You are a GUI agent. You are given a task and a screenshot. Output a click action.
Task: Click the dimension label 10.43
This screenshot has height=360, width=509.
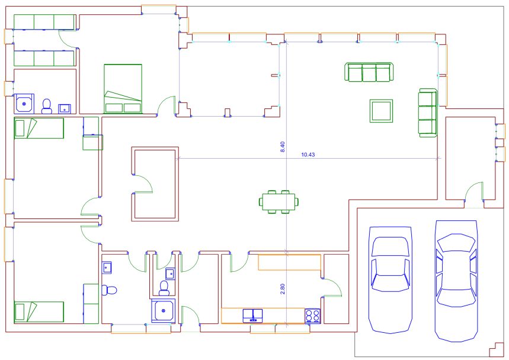click(x=308, y=155)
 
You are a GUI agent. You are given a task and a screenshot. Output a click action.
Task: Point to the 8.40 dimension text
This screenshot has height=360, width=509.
click(x=282, y=147)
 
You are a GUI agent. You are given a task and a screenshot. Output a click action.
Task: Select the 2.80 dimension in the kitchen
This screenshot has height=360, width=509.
click(x=282, y=289)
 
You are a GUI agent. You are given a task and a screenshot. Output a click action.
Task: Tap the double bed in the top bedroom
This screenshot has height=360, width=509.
click(x=123, y=89)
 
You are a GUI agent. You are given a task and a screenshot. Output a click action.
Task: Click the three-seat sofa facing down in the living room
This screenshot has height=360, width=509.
click(x=369, y=72)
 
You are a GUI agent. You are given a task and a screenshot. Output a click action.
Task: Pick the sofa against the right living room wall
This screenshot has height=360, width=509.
click(x=427, y=112)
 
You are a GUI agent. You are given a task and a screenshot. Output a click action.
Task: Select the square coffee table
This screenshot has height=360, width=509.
click(x=381, y=111)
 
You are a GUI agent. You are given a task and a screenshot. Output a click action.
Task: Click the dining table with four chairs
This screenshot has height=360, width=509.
click(x=279, y=202)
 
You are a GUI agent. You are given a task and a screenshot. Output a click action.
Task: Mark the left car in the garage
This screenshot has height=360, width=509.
click(x=390, y=280)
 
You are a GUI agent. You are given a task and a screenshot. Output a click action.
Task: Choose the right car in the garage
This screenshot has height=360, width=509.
click(x=456, y=281)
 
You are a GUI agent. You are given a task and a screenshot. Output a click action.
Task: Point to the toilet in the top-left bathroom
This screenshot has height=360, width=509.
click(x=47, y=107)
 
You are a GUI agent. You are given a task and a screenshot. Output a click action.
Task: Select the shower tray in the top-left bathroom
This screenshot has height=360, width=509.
click(x=24, y=104)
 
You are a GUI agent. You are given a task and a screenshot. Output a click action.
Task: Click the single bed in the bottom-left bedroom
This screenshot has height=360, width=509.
click(x=39, y=311)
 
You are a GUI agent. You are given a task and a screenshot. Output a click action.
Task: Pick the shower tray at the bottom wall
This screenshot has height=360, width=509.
click(x=164, y=311)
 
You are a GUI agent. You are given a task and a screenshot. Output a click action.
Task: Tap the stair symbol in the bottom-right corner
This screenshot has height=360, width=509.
click(x=496, y=350)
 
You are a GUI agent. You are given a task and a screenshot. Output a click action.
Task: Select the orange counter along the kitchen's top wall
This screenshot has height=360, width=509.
click(x=290, y=262)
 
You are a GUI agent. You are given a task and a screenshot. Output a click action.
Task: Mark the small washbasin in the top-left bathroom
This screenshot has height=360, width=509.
click(x=65, y=109)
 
